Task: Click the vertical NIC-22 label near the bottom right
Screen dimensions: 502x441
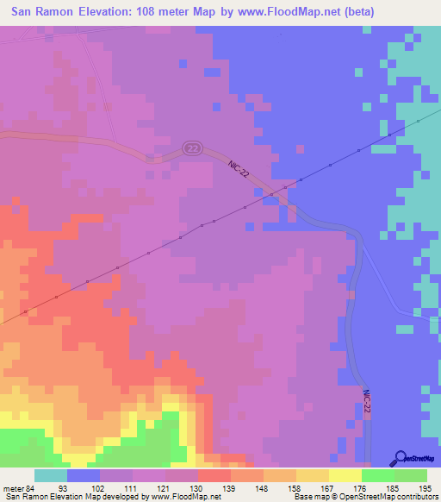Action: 367,406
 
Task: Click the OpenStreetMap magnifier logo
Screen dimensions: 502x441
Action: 399,458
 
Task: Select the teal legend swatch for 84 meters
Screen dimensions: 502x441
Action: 51,475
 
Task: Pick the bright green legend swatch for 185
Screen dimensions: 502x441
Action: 378,475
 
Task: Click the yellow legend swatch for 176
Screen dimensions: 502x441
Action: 345,475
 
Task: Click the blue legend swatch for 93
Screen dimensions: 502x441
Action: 84,475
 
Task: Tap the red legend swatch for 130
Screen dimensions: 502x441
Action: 214,475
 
